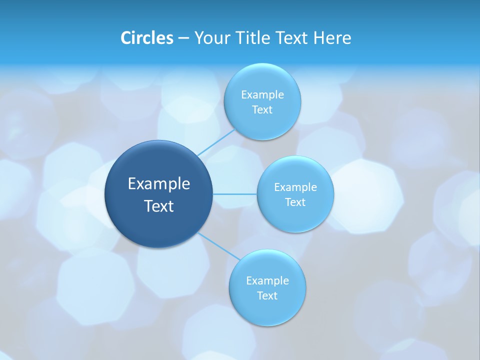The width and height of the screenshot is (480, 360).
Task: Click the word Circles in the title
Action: (x=146, y=37)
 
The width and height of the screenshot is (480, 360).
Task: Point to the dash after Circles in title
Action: (x=183, y=38)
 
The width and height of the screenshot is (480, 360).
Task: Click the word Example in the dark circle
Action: (x=159, y=183)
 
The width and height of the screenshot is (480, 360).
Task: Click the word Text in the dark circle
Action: (x=159, y=206)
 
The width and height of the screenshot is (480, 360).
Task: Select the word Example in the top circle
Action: (x=262, y=94)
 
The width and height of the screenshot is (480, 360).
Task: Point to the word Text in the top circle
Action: (x=262, y=110)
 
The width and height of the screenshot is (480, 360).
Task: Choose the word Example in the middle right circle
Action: (x=295, y=187)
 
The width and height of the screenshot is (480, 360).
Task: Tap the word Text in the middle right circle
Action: (x=295, y=202)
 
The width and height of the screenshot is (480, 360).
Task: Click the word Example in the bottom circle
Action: (x=267, y=280)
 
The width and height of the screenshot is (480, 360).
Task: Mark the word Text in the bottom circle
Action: (x=267, y=295)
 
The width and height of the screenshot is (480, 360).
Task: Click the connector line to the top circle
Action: (x=216, y=142)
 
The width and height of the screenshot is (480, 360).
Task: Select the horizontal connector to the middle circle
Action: (x=235, y=194)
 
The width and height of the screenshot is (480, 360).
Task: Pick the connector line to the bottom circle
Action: (x=219, y=246)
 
